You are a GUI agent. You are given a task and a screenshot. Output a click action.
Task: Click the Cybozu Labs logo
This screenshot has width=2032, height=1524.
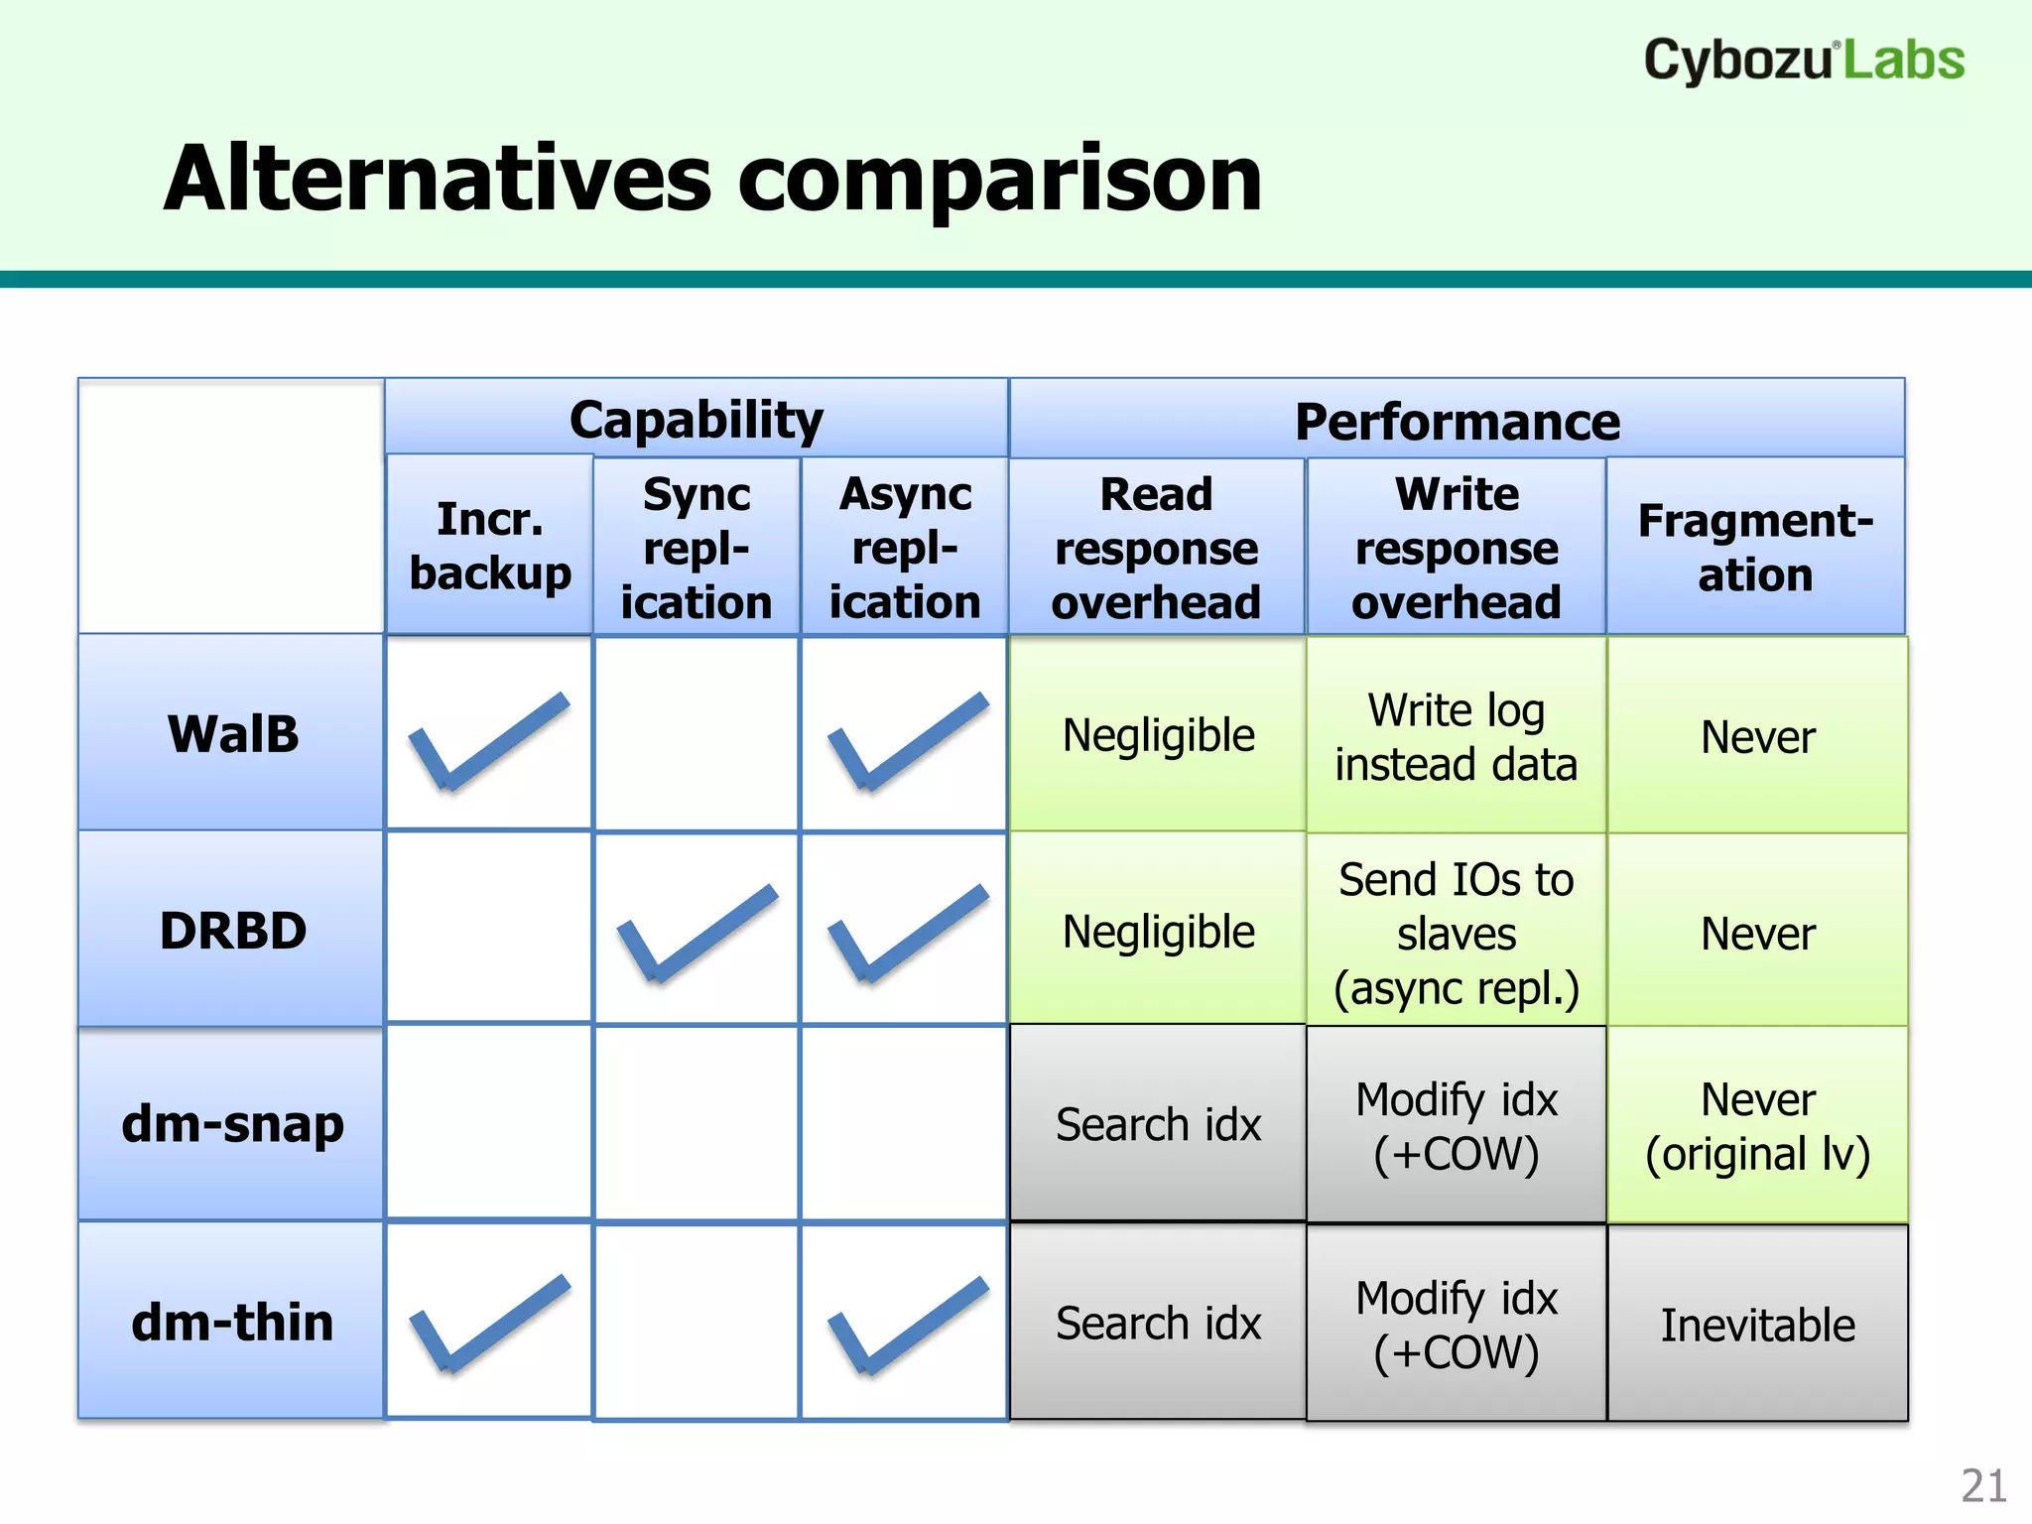[1803, 60]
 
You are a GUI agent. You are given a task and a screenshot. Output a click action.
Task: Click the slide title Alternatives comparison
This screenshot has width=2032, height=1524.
[712, 179]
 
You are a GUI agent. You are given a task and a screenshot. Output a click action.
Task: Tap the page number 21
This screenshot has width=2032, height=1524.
[1982, 1486]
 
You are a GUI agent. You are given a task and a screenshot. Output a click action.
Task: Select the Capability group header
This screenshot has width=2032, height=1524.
[697, 420]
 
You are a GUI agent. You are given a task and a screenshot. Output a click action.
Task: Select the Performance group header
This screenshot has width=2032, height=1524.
[1457, 422]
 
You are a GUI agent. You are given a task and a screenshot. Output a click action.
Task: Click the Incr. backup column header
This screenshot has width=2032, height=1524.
[490, 546]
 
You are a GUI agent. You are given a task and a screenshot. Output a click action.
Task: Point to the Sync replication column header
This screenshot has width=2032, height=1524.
[697, 548]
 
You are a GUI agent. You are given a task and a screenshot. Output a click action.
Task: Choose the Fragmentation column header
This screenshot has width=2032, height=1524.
[1755, 548]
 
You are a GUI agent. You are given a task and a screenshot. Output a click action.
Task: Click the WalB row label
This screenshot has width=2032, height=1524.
[232, 734]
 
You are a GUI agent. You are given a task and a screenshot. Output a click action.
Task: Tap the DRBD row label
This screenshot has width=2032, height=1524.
[232, 931]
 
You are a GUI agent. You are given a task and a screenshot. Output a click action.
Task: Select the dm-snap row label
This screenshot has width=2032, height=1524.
[232, 1124]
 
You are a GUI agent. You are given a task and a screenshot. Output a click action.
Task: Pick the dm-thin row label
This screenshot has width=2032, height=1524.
[232, 1323]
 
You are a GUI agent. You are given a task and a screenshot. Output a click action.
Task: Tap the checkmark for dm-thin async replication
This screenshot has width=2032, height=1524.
[907, 1325]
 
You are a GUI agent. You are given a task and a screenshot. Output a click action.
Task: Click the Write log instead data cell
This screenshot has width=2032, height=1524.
[1456, 737]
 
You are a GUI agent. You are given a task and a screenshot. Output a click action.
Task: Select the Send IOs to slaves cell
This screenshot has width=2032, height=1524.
[1456, 933]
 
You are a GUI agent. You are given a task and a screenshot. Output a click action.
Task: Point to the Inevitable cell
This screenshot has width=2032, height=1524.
[1757, 1326]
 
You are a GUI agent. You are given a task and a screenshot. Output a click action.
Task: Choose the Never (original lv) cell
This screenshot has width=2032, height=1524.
[1757, 1127]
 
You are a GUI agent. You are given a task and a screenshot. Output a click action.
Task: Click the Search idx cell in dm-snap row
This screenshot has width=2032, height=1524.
[1157, 1125]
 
